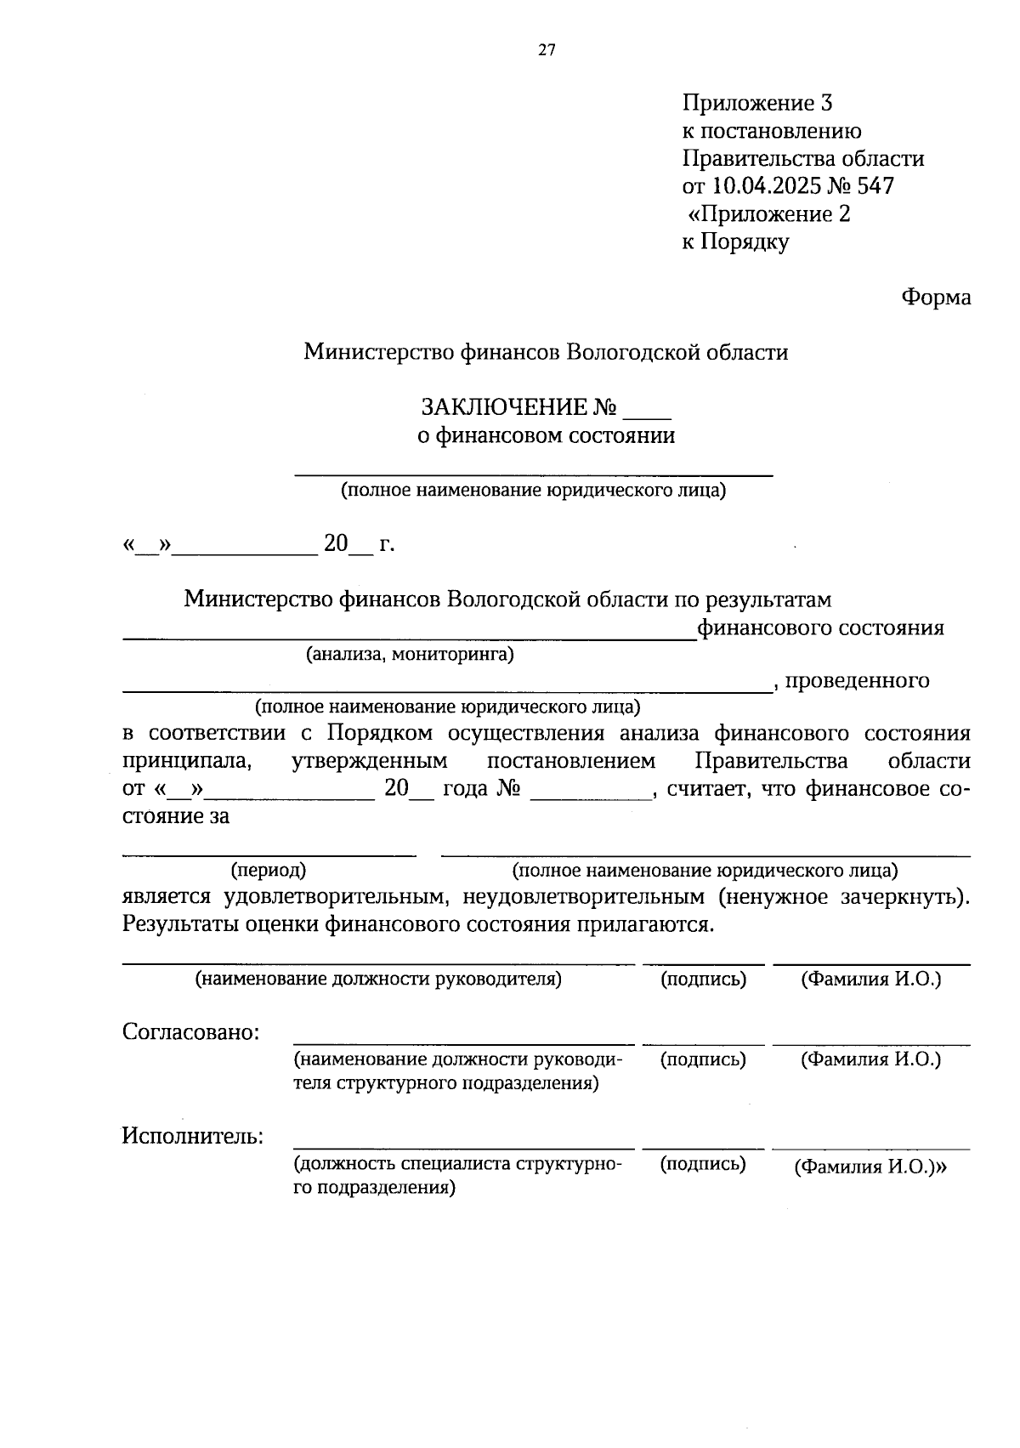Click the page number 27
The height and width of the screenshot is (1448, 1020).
pos(547,50)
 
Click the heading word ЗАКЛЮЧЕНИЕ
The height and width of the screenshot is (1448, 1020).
pos(505,408)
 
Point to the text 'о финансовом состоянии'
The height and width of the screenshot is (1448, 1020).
pos(546,436)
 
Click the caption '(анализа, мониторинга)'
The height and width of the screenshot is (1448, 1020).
pos(410,655)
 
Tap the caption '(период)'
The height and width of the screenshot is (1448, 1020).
pos(269,871)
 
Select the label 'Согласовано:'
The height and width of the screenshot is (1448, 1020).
pos(191,1033)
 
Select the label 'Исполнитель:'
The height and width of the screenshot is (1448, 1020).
pos(192,1136)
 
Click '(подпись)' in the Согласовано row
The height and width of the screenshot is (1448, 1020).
pos(703,1059)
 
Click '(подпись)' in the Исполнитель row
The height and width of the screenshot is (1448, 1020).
pos(703,1164)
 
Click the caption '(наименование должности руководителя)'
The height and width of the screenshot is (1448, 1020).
pos(379,980)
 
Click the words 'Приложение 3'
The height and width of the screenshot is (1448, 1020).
pos(757,104)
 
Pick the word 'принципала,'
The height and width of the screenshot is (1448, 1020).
pos(187,761)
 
